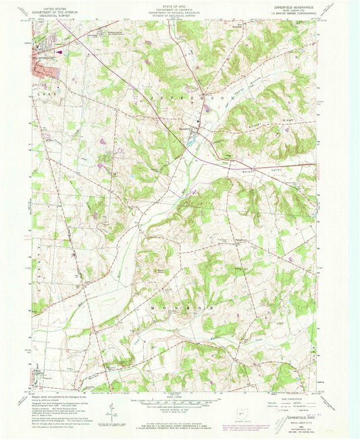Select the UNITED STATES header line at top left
pyautogui.click(x=55, y=4)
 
